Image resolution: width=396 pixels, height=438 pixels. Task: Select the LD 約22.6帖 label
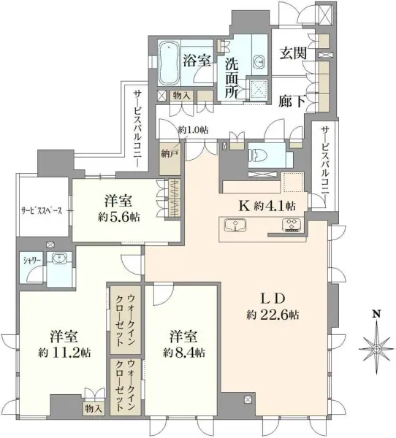[272, 307]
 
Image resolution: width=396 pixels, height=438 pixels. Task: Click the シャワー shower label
[31, 259]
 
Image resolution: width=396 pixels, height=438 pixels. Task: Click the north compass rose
[376, 350]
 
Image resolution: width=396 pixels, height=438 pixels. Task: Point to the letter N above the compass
[376, 315]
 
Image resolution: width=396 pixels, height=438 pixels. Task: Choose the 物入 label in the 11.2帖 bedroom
[94, 408]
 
